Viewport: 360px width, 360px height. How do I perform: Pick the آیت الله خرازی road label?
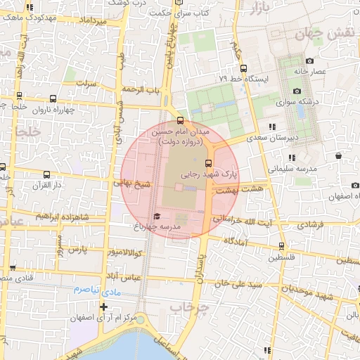pos(238,220)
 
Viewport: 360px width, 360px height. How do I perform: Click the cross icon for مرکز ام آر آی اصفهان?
pos(104,307)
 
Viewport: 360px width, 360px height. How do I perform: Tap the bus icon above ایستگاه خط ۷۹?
pos(243,68)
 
